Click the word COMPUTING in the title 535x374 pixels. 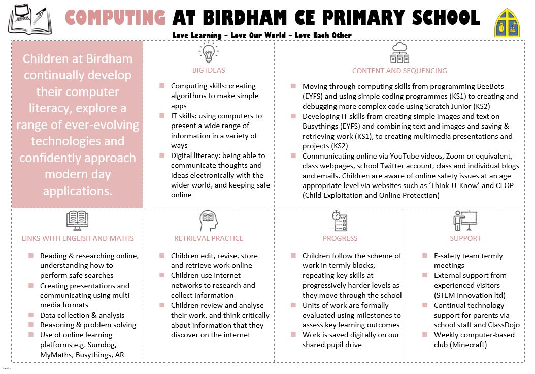[116, 18]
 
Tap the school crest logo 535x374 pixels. [508, 23]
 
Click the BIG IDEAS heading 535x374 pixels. [209, 70]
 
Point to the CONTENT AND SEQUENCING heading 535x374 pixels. [399, 71]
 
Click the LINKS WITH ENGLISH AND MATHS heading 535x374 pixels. [78, 238]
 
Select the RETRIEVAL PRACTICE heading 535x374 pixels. [209, 238]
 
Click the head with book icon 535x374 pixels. [209, 220]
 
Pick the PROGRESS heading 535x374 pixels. [340, 238]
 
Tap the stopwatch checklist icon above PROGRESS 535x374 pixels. [339, 220]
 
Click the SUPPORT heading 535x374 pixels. [465, 238]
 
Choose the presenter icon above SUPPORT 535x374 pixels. [465, 220]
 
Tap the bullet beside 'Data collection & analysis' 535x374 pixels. [31, 315]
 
